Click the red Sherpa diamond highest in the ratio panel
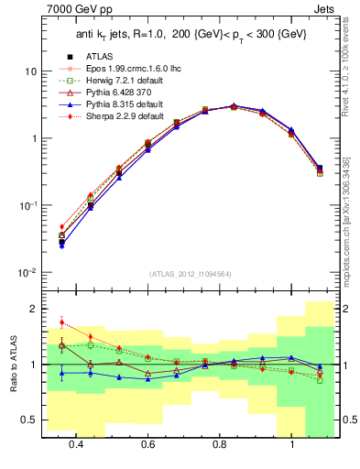(61, 322)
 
